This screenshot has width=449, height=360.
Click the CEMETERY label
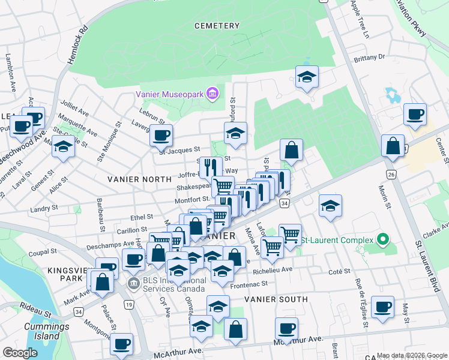click(217, 26)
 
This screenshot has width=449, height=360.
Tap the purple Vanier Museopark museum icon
click(211, 93)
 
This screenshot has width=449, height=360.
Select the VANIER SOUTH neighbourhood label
click(276, 299)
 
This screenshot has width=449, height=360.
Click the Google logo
click(20, 352)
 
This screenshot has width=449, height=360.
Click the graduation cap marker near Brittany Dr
click(307, 77)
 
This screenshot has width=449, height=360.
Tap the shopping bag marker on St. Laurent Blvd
click(393, 146)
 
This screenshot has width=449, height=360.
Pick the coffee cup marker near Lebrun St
click(161, 136)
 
